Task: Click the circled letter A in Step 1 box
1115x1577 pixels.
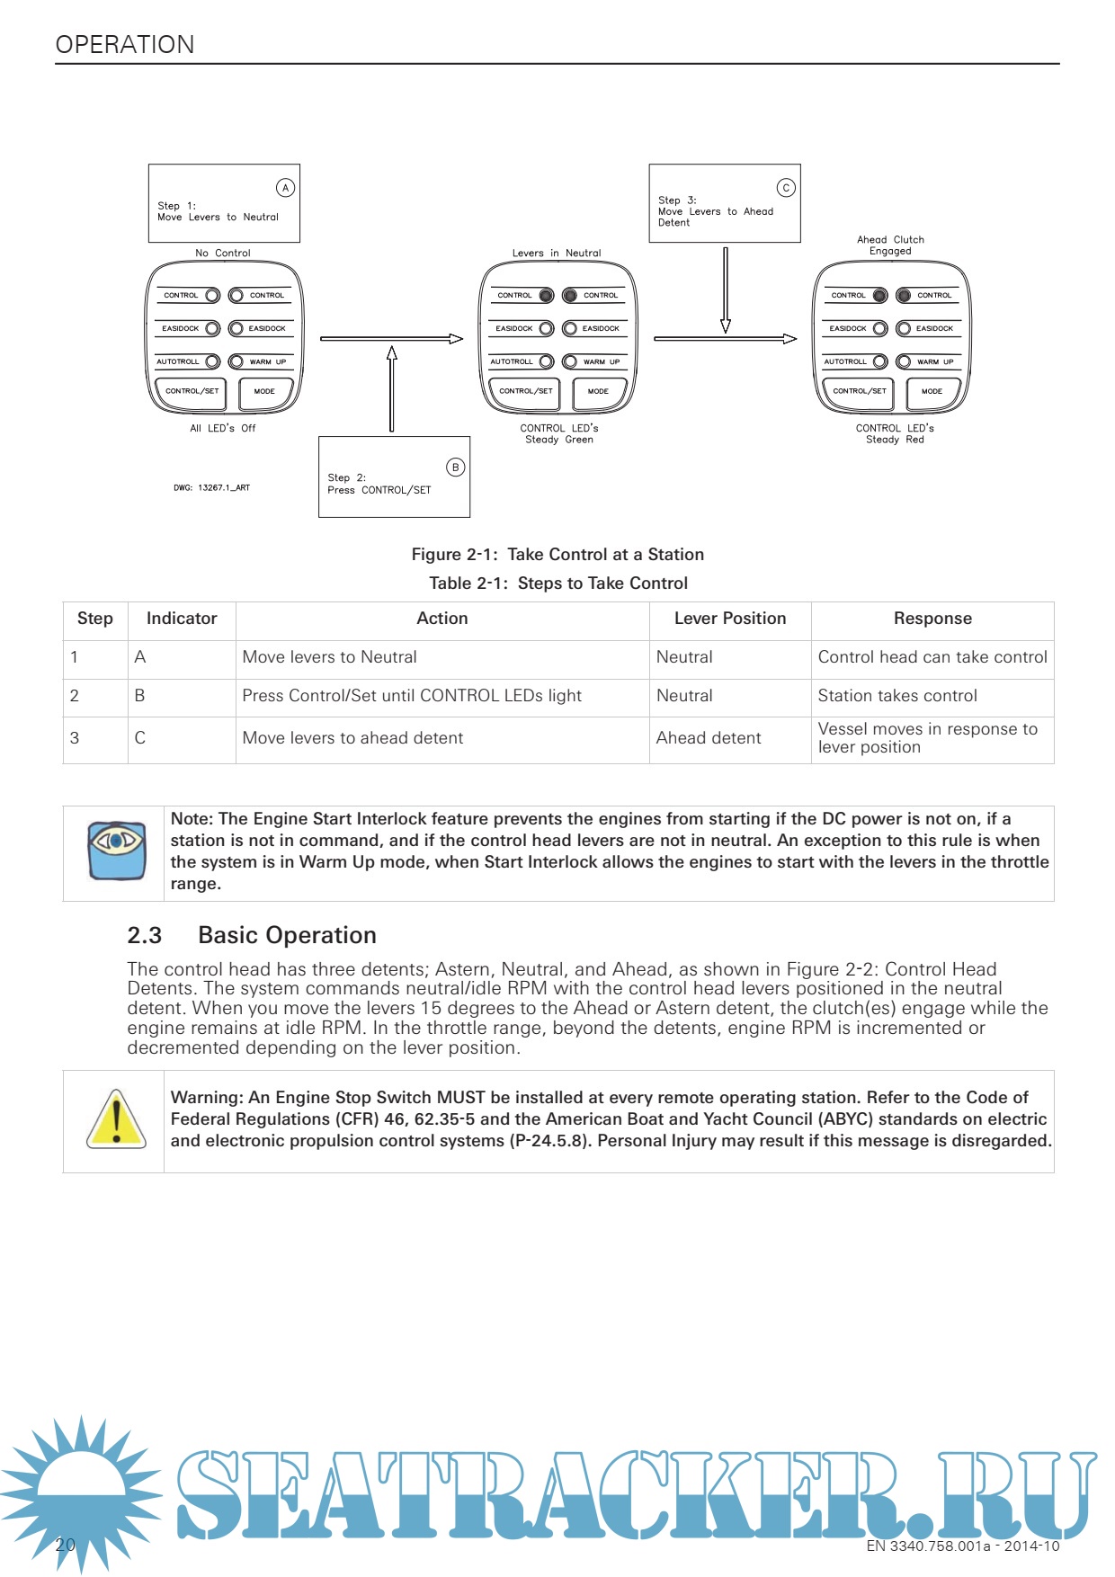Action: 285,188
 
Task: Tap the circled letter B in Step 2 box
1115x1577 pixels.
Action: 455,468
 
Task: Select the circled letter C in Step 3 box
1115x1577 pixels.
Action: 786,188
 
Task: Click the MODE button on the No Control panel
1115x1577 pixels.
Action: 264,392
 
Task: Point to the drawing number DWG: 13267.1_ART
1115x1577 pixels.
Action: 211,488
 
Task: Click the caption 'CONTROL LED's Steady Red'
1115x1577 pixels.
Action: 895,434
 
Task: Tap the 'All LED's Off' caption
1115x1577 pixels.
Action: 222,429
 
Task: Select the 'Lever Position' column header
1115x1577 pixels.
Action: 730,619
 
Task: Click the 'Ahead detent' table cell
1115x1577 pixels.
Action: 709,738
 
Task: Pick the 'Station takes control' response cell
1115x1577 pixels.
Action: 897,696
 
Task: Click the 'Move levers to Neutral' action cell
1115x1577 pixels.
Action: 329,657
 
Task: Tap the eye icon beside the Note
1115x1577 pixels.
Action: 117,850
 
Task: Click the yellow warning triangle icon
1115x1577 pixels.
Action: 116,1119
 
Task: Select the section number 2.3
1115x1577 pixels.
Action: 145,936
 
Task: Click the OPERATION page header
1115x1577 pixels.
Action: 125,45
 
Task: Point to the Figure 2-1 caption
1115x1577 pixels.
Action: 557,555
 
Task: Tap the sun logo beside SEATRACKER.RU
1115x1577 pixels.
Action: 82,1490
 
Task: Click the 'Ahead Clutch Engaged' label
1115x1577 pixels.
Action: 890,245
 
